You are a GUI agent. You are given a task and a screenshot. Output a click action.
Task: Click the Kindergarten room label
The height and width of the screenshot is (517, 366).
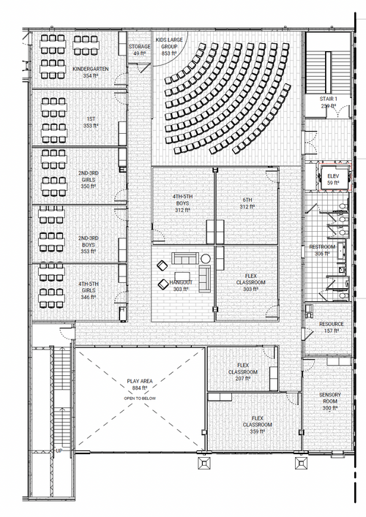[x=91, y=72]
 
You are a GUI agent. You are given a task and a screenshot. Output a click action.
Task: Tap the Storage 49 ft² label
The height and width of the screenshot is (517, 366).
[x=139, y=50]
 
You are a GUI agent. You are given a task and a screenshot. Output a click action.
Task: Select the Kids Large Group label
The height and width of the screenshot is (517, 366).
[x=169, y=46]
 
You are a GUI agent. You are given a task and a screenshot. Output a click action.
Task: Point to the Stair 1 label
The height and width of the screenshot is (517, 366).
[x=329, y=102]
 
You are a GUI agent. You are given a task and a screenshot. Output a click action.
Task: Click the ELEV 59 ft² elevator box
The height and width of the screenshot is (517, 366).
[x=333, y=179]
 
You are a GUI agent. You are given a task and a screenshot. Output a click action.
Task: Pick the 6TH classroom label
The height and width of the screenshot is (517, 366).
[x=247, y=203]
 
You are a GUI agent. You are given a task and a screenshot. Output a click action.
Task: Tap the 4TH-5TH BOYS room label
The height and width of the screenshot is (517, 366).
[x=182, y=203]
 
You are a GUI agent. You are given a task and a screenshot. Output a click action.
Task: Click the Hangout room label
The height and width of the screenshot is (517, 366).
[x=181, y=285]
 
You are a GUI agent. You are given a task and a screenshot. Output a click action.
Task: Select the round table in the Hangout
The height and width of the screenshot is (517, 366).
[x=206, y=259]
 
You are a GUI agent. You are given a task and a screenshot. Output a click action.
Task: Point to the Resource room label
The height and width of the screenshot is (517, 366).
[x=332, y=327]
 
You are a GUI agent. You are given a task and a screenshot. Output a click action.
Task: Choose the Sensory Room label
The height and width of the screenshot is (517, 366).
[x=330, y=401]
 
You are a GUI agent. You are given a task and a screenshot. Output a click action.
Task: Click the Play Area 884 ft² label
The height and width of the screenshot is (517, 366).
[x=140, y=385]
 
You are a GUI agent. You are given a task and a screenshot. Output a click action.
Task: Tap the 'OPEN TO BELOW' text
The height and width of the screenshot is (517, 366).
[x=140, y=399]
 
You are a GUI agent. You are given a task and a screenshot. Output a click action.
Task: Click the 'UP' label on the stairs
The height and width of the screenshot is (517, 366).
[x=59, y=450]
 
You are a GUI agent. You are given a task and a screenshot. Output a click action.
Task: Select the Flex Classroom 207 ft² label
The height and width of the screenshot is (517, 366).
[x=243, y=371]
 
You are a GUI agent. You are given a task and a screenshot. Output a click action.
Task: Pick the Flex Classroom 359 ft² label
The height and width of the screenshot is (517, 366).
[x=258, y=425]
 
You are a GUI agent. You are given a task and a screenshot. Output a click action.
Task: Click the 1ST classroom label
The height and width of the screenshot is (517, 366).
[x=91, y=122]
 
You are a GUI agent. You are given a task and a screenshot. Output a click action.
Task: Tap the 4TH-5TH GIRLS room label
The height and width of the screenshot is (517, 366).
[x=88, y=290]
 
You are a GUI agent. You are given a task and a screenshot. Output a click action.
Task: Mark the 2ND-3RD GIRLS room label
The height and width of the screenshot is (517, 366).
[x=88, y=180]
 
